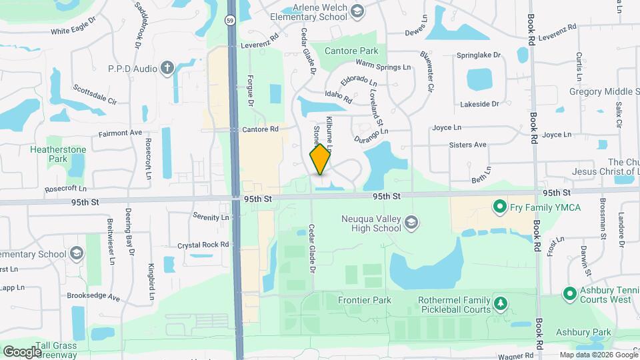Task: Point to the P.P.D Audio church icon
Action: coord(167,68)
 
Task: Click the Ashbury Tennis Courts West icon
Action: coord(569,293)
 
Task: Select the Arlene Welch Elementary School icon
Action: coord(358,11)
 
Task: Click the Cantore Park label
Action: coord(351,51)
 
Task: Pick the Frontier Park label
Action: coord(365,300)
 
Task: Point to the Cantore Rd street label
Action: coord(260,129)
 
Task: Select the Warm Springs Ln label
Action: coord(383,67)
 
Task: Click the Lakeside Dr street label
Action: coord(479,104)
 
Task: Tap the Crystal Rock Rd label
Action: coord(203,245)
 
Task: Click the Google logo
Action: coord(21,351)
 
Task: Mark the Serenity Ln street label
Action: coord(211,217)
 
